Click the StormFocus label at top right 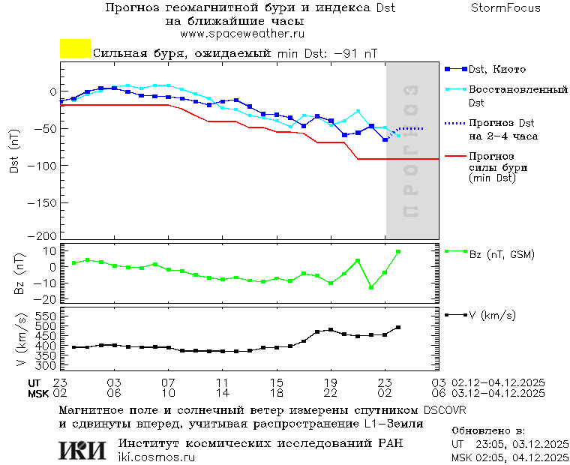click(505, 8)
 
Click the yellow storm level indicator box click(75, 49)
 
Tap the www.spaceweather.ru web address click(241, 34)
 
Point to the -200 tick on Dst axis click(46, 235)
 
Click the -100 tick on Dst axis click(46, 164)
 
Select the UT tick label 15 click(277, 382)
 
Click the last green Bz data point click(398, 252)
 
